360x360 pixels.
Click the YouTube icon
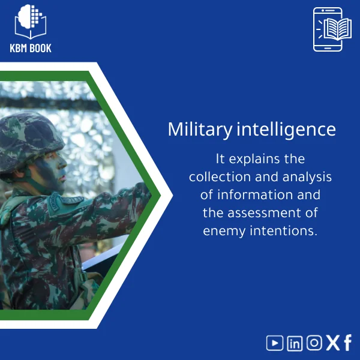tap(275, 343)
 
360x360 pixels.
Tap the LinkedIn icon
tap(295, 343)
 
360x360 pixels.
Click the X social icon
tap(332, 343)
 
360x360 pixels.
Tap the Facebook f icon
tap(347, 343)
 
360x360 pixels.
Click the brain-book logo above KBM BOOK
tap(31, 22)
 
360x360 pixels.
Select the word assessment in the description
tap(278, 213)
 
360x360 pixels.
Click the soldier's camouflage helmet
tap(32, 136)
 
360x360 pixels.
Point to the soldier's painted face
tap(55, 170)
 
